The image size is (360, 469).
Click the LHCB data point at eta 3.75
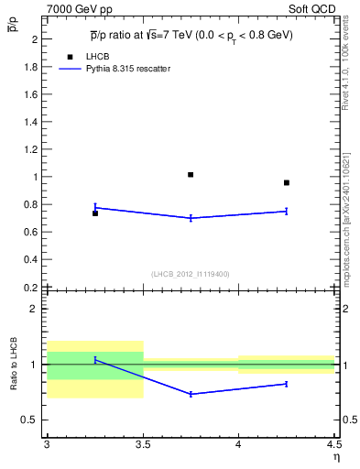click(191, 174)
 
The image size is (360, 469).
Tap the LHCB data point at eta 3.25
click(94, 213)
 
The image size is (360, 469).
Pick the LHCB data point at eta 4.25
click(287, 182)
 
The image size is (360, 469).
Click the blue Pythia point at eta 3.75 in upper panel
click(191, 218)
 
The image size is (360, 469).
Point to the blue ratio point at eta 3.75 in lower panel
click(191, 394)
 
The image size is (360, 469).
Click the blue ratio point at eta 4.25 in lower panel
click(287, 384)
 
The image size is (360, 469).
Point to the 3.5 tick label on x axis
click(142, 444)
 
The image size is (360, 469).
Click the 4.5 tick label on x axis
click(333, 444)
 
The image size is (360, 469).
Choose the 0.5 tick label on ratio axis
click(30, 420)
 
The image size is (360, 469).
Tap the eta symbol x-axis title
click(335, 457)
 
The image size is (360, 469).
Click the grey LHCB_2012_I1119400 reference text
click(191, 274)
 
